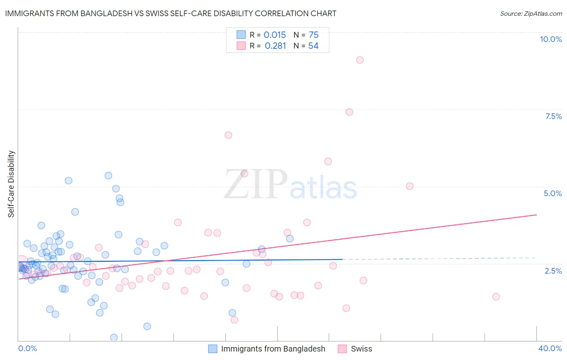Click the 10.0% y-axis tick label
click(x=550, y=39)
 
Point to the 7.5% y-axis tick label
click(x=553, y=116)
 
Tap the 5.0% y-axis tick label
click(x=552, y=193)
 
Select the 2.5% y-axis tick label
click(x=553, y=271)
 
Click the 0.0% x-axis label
click(x=27, y=348)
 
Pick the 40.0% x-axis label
click(x=550, y=348)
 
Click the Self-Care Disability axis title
click(x=11, y=184)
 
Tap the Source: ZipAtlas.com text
click(x=531, y=14)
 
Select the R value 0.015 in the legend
click(x=275, y=35)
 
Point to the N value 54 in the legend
click(x=313, y=46)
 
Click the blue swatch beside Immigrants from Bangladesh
click(x=213, y=349)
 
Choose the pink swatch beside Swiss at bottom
click(x=342, y=349)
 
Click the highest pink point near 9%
click(x=360, y=60)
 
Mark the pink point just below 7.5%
click(x=349, y=112)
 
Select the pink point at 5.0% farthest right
click(x=410, y=186)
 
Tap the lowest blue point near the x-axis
click(x=114, y=337)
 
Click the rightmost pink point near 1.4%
click(x=496, y=297)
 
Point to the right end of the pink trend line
click(x=536, y=215)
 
